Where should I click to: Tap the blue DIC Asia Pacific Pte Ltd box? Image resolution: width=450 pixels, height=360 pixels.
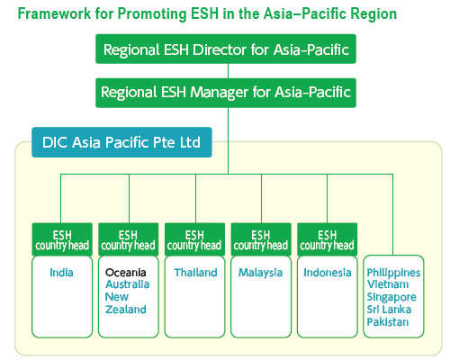121,141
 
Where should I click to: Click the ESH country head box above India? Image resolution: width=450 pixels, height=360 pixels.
62,239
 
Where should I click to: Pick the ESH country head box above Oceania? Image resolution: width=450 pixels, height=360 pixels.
128,239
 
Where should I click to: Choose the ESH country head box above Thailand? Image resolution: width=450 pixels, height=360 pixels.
194,239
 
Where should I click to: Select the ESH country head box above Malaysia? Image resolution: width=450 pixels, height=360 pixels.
261,239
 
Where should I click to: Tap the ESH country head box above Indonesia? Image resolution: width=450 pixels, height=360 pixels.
328,239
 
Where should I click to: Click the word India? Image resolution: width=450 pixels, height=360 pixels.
62,272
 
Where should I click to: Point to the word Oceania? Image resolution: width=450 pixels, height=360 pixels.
125,272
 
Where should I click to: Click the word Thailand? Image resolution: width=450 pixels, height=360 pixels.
196,272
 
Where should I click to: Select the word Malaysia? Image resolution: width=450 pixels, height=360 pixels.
261,272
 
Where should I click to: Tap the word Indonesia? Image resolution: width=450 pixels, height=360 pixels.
328,272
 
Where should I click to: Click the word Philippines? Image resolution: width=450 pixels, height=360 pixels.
393,272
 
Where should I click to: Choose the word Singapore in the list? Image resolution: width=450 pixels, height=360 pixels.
391,297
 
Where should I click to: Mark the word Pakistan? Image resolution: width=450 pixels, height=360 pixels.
389,322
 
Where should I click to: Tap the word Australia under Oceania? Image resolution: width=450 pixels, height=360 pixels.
126,284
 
